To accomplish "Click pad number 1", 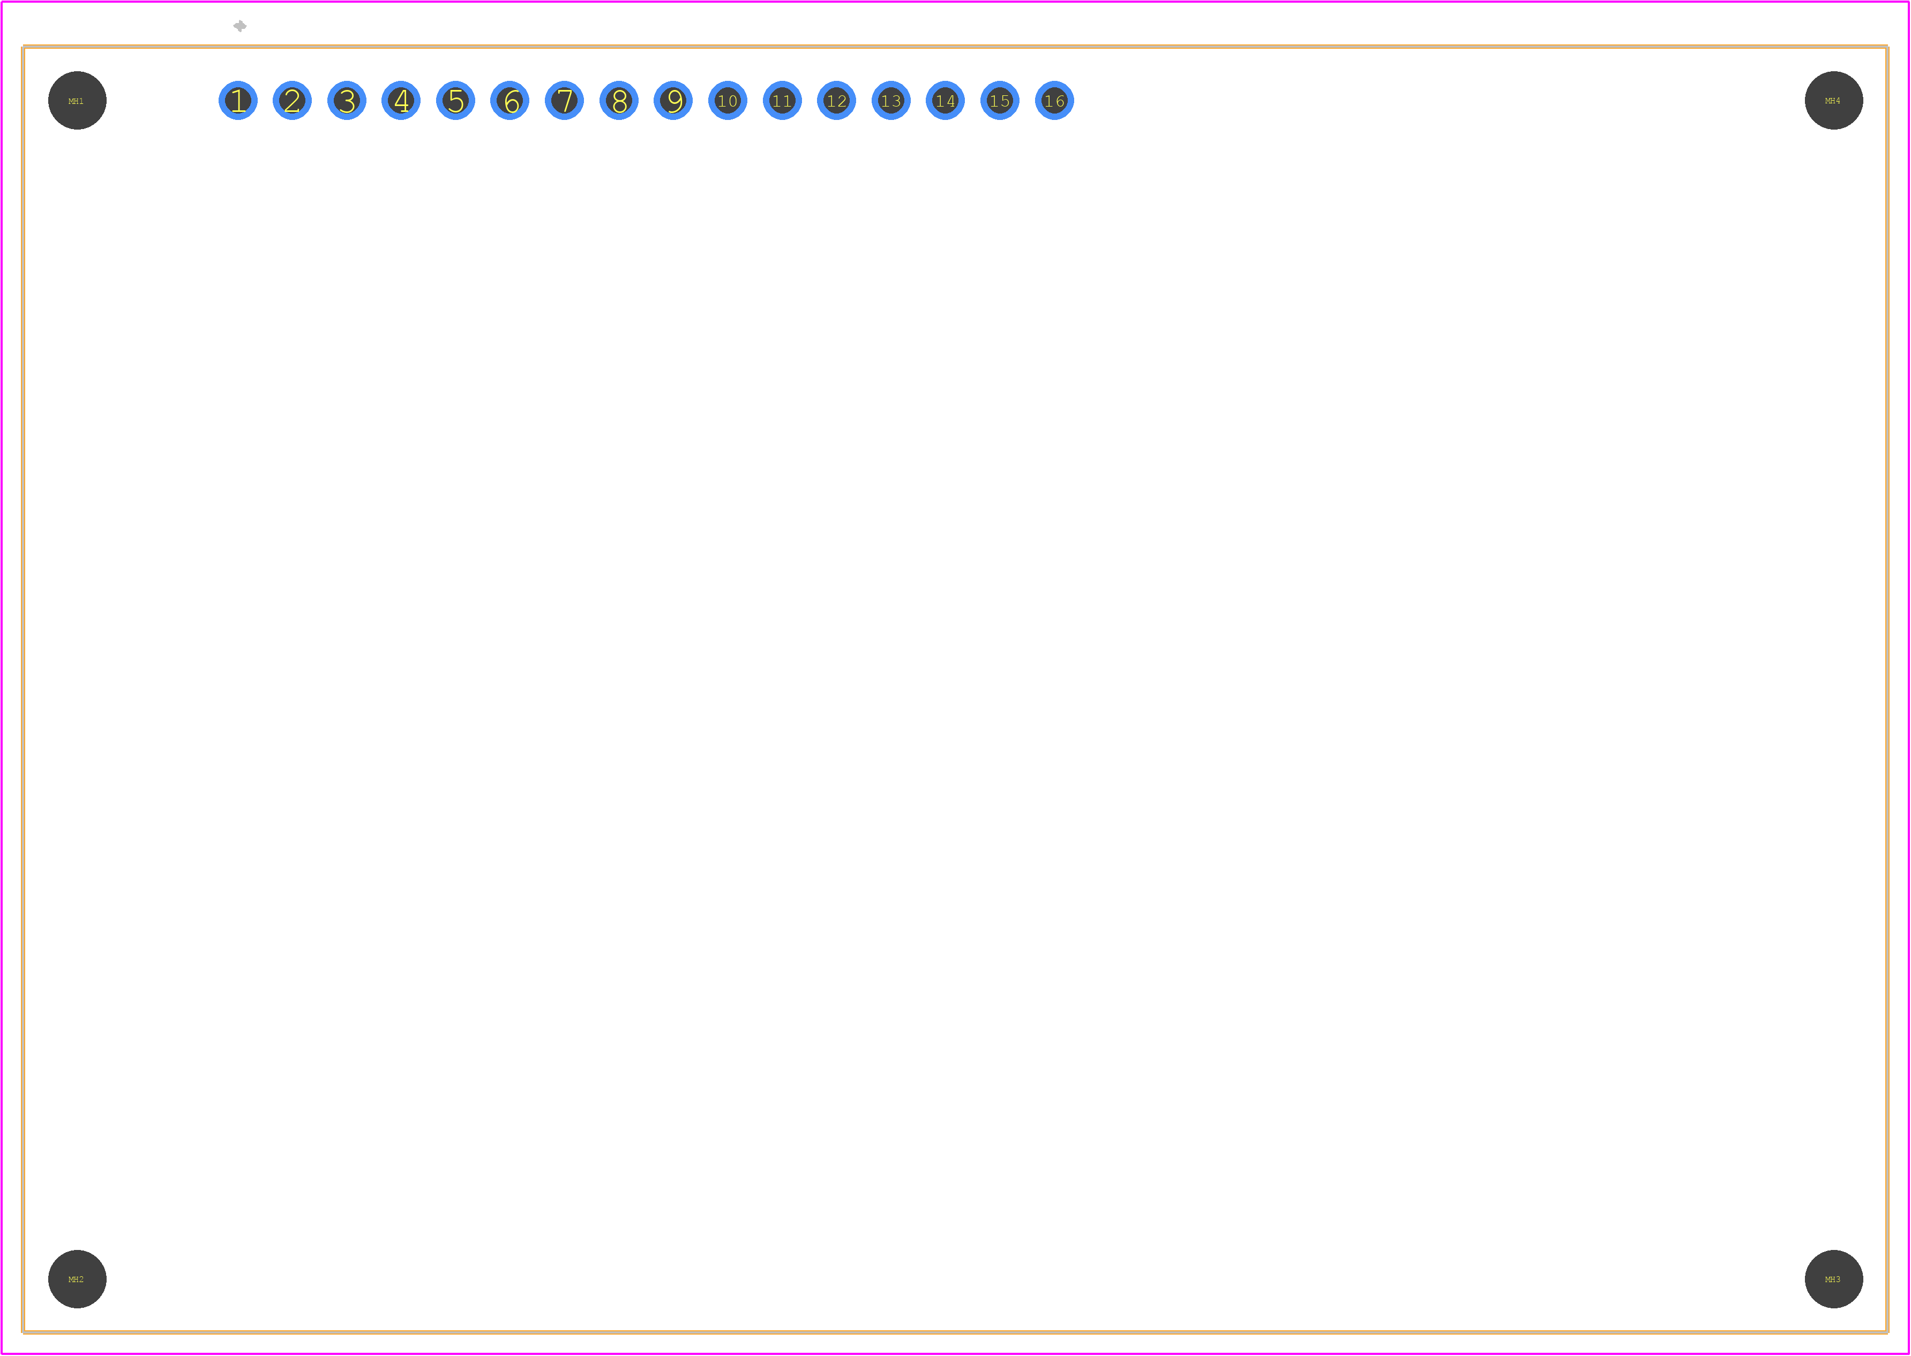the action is tap(238, 101).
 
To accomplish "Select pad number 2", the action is tap(293, 101).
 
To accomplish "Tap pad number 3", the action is tap(347, 101).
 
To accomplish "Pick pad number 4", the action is tap(401, 101).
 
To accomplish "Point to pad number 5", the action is tap(455, 101).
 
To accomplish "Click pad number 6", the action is tap(509, 101).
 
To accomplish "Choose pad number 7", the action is tap(565, 101).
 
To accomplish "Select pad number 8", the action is tap(619, 101).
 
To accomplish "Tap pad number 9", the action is tap(673, 101).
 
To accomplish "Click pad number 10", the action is tap(728, 101).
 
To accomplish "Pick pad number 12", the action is tap(837, 101).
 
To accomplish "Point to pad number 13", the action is tap(891, 101).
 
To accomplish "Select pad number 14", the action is tap(946, 101).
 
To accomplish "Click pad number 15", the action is tap(1000, 101).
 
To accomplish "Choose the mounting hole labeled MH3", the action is tap(1834, 1280).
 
